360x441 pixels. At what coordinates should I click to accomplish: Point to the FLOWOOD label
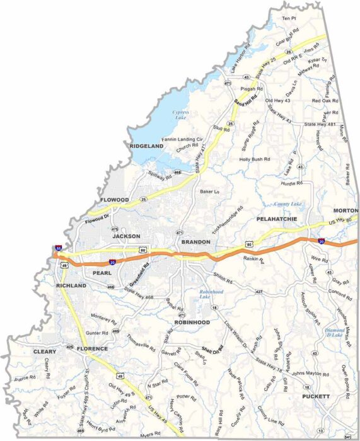(115, 200)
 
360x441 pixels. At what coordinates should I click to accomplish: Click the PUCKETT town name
(315, 396)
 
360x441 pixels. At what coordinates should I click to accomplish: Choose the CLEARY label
(45, 352)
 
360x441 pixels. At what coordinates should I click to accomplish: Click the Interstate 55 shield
(58, 249)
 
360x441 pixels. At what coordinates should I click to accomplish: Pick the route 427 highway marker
(259, 292)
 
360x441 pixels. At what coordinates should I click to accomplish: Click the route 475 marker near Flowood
(114, 229)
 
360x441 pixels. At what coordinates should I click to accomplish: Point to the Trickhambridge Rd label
(228, 220)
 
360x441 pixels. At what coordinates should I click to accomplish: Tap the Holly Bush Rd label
(253, 159)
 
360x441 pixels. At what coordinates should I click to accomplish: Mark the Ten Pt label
(289, 18)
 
